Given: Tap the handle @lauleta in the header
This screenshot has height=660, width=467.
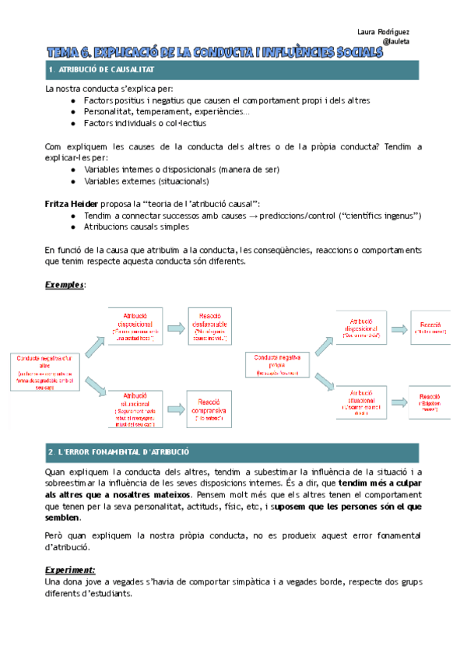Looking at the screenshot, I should pyautogui.click(x=397, y=42).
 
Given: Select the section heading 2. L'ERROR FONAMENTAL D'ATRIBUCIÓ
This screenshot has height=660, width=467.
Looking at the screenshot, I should pyautogui.click(x=118, y=451).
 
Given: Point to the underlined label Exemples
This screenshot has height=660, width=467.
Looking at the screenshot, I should pyautogui.click(x=65, y=285).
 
